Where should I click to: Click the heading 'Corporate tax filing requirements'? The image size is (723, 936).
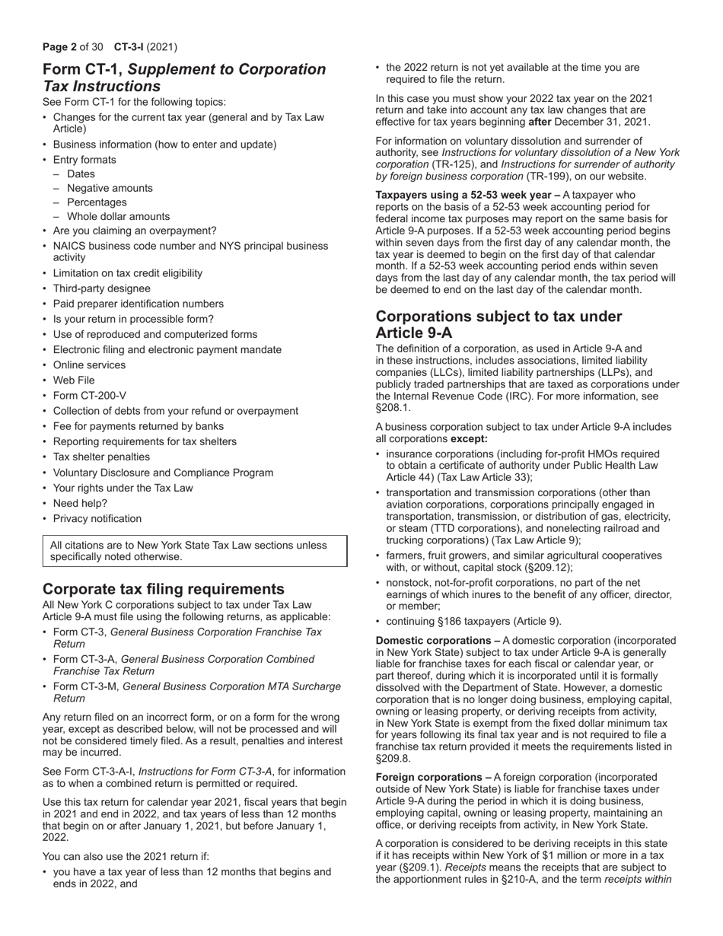coord(164,589)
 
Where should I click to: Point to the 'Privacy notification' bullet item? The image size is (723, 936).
coord(97,518)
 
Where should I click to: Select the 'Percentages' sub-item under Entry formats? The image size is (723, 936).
coord(97,202)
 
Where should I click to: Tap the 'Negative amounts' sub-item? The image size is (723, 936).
coord(110,188)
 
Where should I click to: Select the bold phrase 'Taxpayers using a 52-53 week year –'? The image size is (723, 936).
coord(468,196)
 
